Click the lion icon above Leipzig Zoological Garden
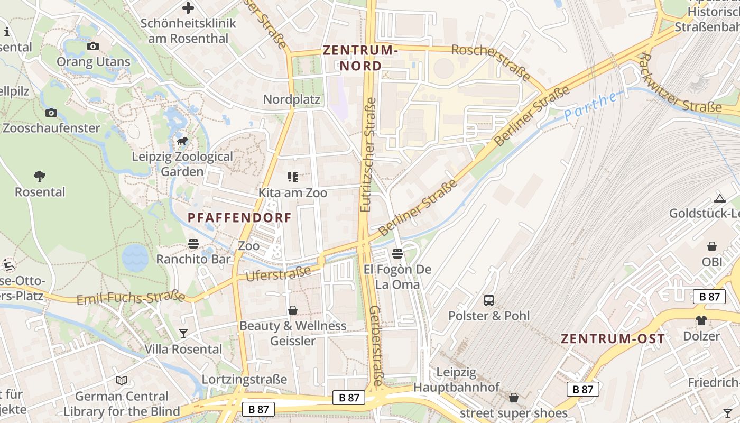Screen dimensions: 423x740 click(182, 141)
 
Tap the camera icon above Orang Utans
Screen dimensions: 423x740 click(93, 47)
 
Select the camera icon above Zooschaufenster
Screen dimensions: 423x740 click(51, 113)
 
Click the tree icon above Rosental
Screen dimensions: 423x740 click(40, 176)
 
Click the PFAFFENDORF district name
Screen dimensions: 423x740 click(239, 217)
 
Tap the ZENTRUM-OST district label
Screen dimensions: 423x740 click(613, 339)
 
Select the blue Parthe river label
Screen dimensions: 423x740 click(590, 106)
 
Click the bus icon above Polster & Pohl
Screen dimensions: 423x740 click(489, 300)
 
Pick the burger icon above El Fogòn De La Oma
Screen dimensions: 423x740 click(397, 254)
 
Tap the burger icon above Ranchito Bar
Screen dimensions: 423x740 click(193, 244)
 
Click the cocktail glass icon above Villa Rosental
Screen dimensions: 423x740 click(183, 333)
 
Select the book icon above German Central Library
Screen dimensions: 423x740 click(122, 380)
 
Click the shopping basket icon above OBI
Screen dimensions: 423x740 click(712, 246)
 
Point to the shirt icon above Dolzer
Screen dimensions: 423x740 click(701, 320)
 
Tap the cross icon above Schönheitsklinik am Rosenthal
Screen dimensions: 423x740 click(188, 8)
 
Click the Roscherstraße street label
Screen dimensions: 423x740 click(491, 62)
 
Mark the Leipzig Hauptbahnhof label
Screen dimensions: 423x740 click(456, 380)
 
